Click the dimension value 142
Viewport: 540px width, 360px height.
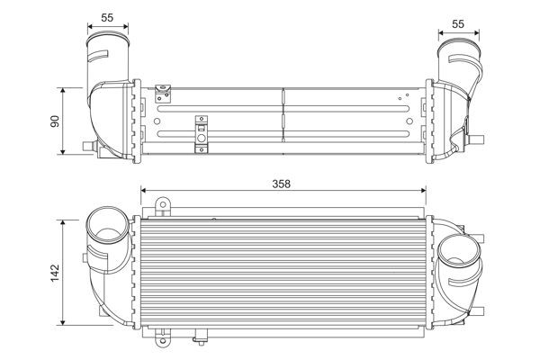pyautogui.click(x=54, y=270)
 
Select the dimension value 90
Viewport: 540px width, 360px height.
pyautogui.click(x=54, y=121)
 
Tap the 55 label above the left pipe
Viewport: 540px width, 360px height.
pyautogui.click(x=106, y=17)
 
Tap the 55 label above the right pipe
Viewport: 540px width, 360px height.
pyautogui.click(x=458, y=25)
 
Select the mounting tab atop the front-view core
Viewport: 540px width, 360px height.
pyautogui.click(x=163, y=209)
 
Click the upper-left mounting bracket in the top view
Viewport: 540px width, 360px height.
pyautogui.click(x=163, y=90)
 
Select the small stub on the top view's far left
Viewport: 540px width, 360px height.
pyautogui.click(x=86, y=145)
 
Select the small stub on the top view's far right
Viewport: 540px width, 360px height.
pyautogui.click(x=481, y=139)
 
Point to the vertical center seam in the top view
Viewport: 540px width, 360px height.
pyautogui.click(x=283, y=115)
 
